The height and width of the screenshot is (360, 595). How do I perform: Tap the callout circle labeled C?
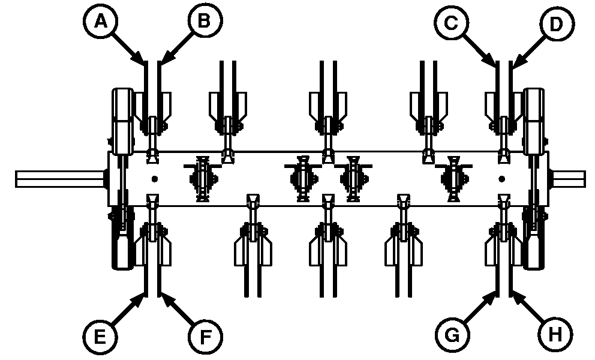450,23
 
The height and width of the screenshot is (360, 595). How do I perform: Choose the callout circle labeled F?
204,334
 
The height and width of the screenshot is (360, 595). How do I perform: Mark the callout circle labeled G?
450,334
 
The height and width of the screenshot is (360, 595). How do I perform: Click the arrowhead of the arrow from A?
143,62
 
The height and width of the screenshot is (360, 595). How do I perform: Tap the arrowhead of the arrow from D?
513,63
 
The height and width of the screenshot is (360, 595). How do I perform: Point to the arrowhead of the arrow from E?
143,294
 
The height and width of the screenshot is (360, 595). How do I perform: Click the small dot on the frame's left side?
155,178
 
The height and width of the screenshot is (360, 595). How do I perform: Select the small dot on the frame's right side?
501,178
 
